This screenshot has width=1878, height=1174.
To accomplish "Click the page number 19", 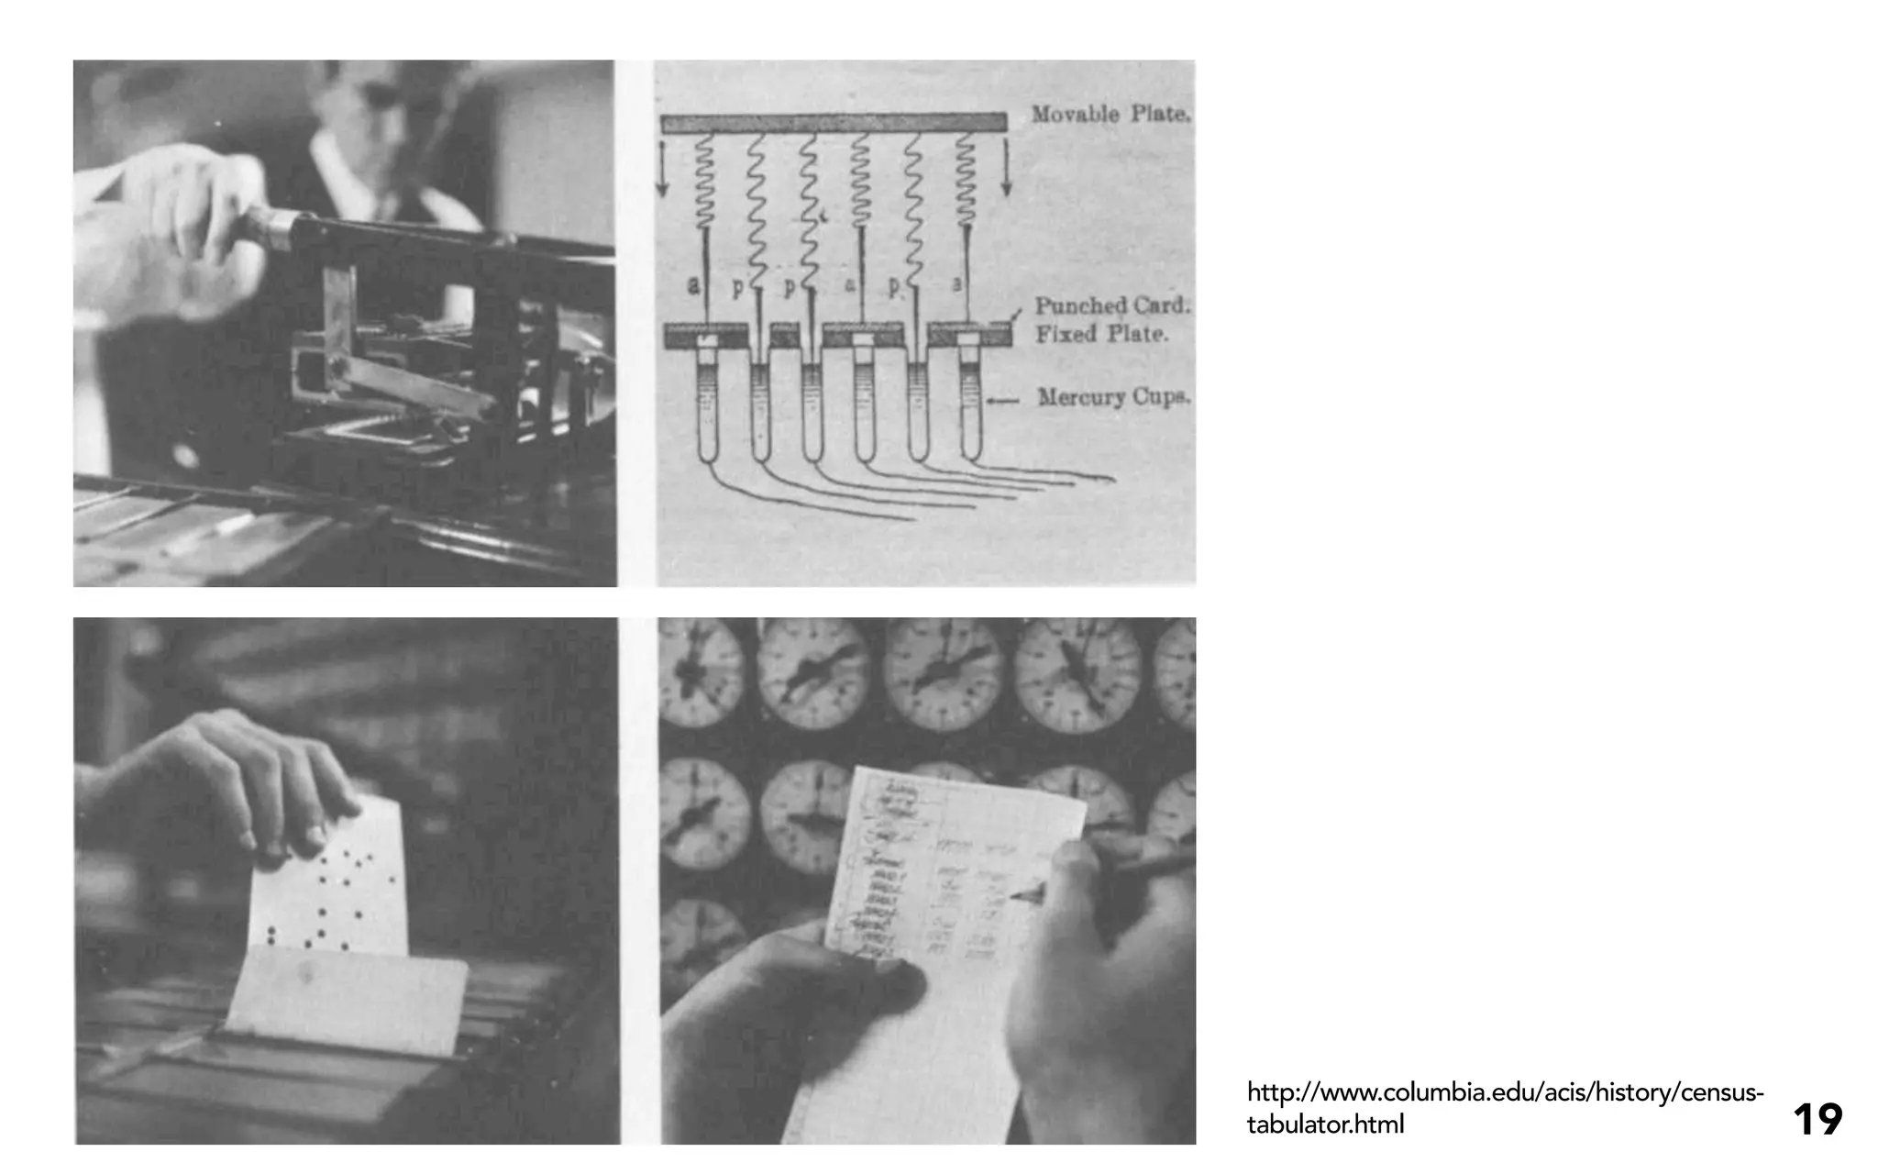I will click(1817, 1120).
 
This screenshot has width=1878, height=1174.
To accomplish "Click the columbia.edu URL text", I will click(1504, 1108).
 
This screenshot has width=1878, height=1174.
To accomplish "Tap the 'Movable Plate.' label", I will click(1110, 115).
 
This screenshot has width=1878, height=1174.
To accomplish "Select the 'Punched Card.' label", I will click(1112, 305).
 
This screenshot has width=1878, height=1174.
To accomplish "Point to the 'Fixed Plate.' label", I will click(1101, 334).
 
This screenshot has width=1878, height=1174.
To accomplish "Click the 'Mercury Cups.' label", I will click(1113, 397).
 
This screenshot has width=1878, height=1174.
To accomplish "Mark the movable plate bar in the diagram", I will click(833, 123).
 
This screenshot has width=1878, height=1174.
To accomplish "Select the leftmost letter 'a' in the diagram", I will click(693, 285).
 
